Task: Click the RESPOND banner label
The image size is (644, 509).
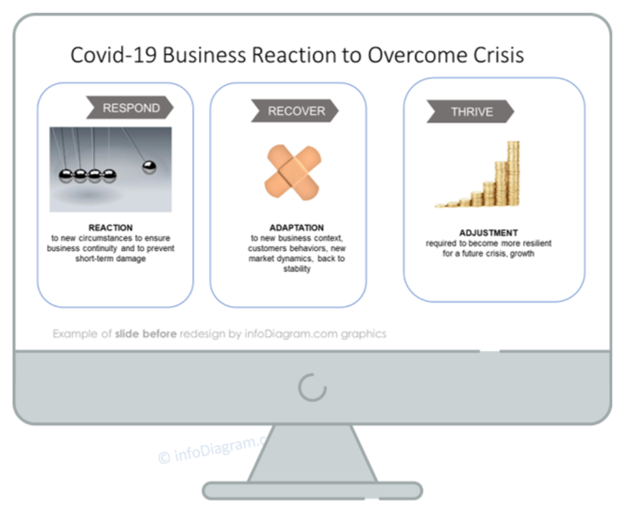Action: [x=131, y=108]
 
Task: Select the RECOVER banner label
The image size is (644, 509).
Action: [x=296, y=111]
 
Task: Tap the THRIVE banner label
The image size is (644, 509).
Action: [x=472, y=112]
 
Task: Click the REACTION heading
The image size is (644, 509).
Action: [x=111, y=228]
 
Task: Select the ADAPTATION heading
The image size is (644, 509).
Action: [x=296, y=228]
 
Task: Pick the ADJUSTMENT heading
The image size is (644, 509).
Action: [x=488, y=233]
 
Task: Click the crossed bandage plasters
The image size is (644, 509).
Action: [x=293, y=173]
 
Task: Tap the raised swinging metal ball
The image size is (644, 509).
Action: [x=149, y=167]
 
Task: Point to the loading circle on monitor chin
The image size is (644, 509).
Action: [x=312, y=387]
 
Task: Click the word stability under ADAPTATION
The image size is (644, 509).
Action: [x=297, y=269]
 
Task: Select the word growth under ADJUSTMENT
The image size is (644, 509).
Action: [x=522, y=254]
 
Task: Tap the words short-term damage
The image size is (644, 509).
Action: [x=111, y=258]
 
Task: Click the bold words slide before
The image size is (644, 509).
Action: [x=146, y=334]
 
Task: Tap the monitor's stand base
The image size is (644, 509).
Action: [x=312, y=491]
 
